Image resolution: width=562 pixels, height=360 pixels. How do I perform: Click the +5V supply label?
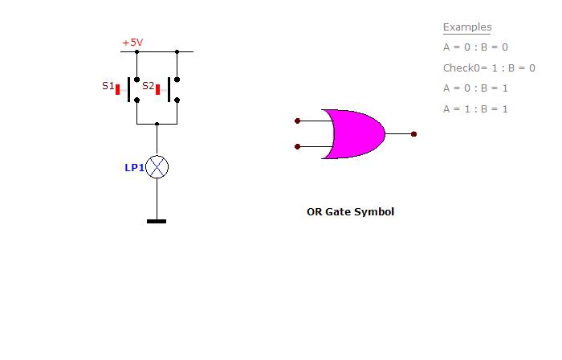click(x=132, y=43)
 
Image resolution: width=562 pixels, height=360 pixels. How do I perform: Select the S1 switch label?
click(x=108, y=86)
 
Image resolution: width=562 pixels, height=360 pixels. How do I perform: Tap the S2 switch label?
click(x=148, y=86)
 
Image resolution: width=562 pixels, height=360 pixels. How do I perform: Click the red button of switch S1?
click(x=117, y=90)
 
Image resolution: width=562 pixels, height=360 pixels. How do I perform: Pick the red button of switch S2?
click(x=157, y=90)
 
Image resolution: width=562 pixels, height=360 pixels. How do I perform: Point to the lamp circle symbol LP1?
click(x=157, y=166)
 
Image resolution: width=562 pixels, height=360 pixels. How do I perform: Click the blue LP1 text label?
click(x=134, y=167)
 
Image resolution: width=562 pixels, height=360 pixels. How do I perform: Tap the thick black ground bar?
click(x=157, y=221)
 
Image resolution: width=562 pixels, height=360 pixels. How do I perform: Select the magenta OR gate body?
click(x=355, y=133)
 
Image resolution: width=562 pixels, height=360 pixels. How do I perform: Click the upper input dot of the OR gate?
click(x=297, y=121)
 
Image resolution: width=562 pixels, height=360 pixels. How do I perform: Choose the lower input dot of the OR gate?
click(x=297, y=147)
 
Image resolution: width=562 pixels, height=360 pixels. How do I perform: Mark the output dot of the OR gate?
click(x=413, y=134)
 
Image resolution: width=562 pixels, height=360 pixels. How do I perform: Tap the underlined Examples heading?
click(x=467, y=27)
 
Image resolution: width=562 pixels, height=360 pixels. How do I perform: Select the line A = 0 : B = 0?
click(x=475, y=47)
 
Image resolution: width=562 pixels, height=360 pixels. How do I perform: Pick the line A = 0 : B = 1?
click(x=475, y=88)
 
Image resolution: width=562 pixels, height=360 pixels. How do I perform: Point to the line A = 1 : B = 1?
click(x=475, y=109)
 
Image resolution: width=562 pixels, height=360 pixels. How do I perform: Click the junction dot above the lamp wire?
click(x=157, y=124)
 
